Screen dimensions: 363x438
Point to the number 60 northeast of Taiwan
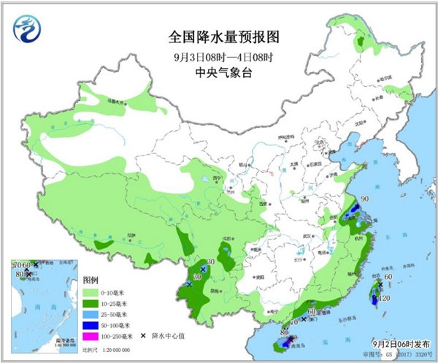click(389, 277)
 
